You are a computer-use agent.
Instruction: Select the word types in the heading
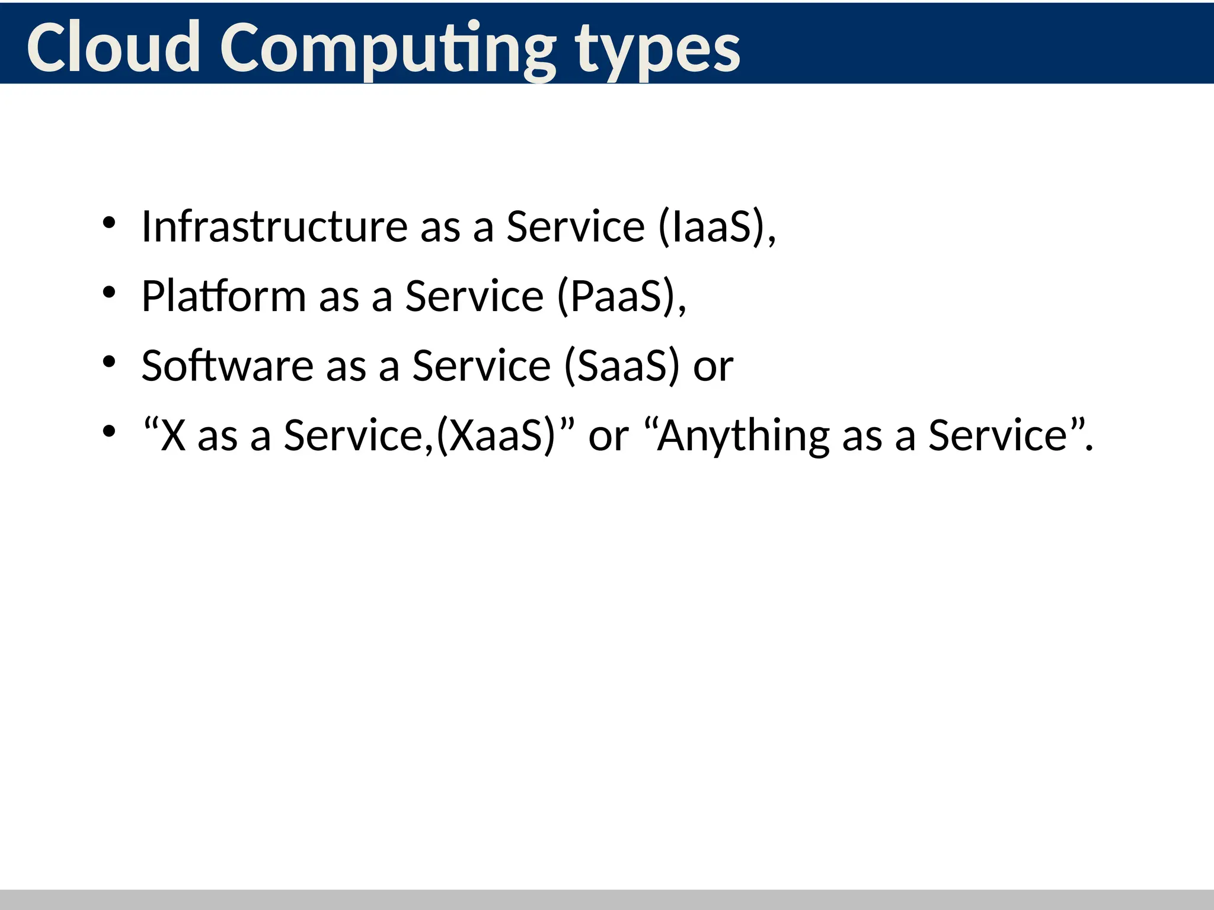coord(658,50)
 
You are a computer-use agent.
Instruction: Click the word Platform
coord(223,296)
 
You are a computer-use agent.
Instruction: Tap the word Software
coord(227,365)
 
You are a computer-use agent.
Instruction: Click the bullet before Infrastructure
coord(108,223)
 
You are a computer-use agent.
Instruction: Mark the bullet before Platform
coord(108,292)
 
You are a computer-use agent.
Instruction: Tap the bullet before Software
coord(108,361)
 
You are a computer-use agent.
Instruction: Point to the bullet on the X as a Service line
coord(108,431)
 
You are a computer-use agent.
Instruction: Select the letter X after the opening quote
coord(173,435)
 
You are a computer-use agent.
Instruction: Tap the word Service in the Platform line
coord(474,296)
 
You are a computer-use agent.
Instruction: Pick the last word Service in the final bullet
coord(998,435)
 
